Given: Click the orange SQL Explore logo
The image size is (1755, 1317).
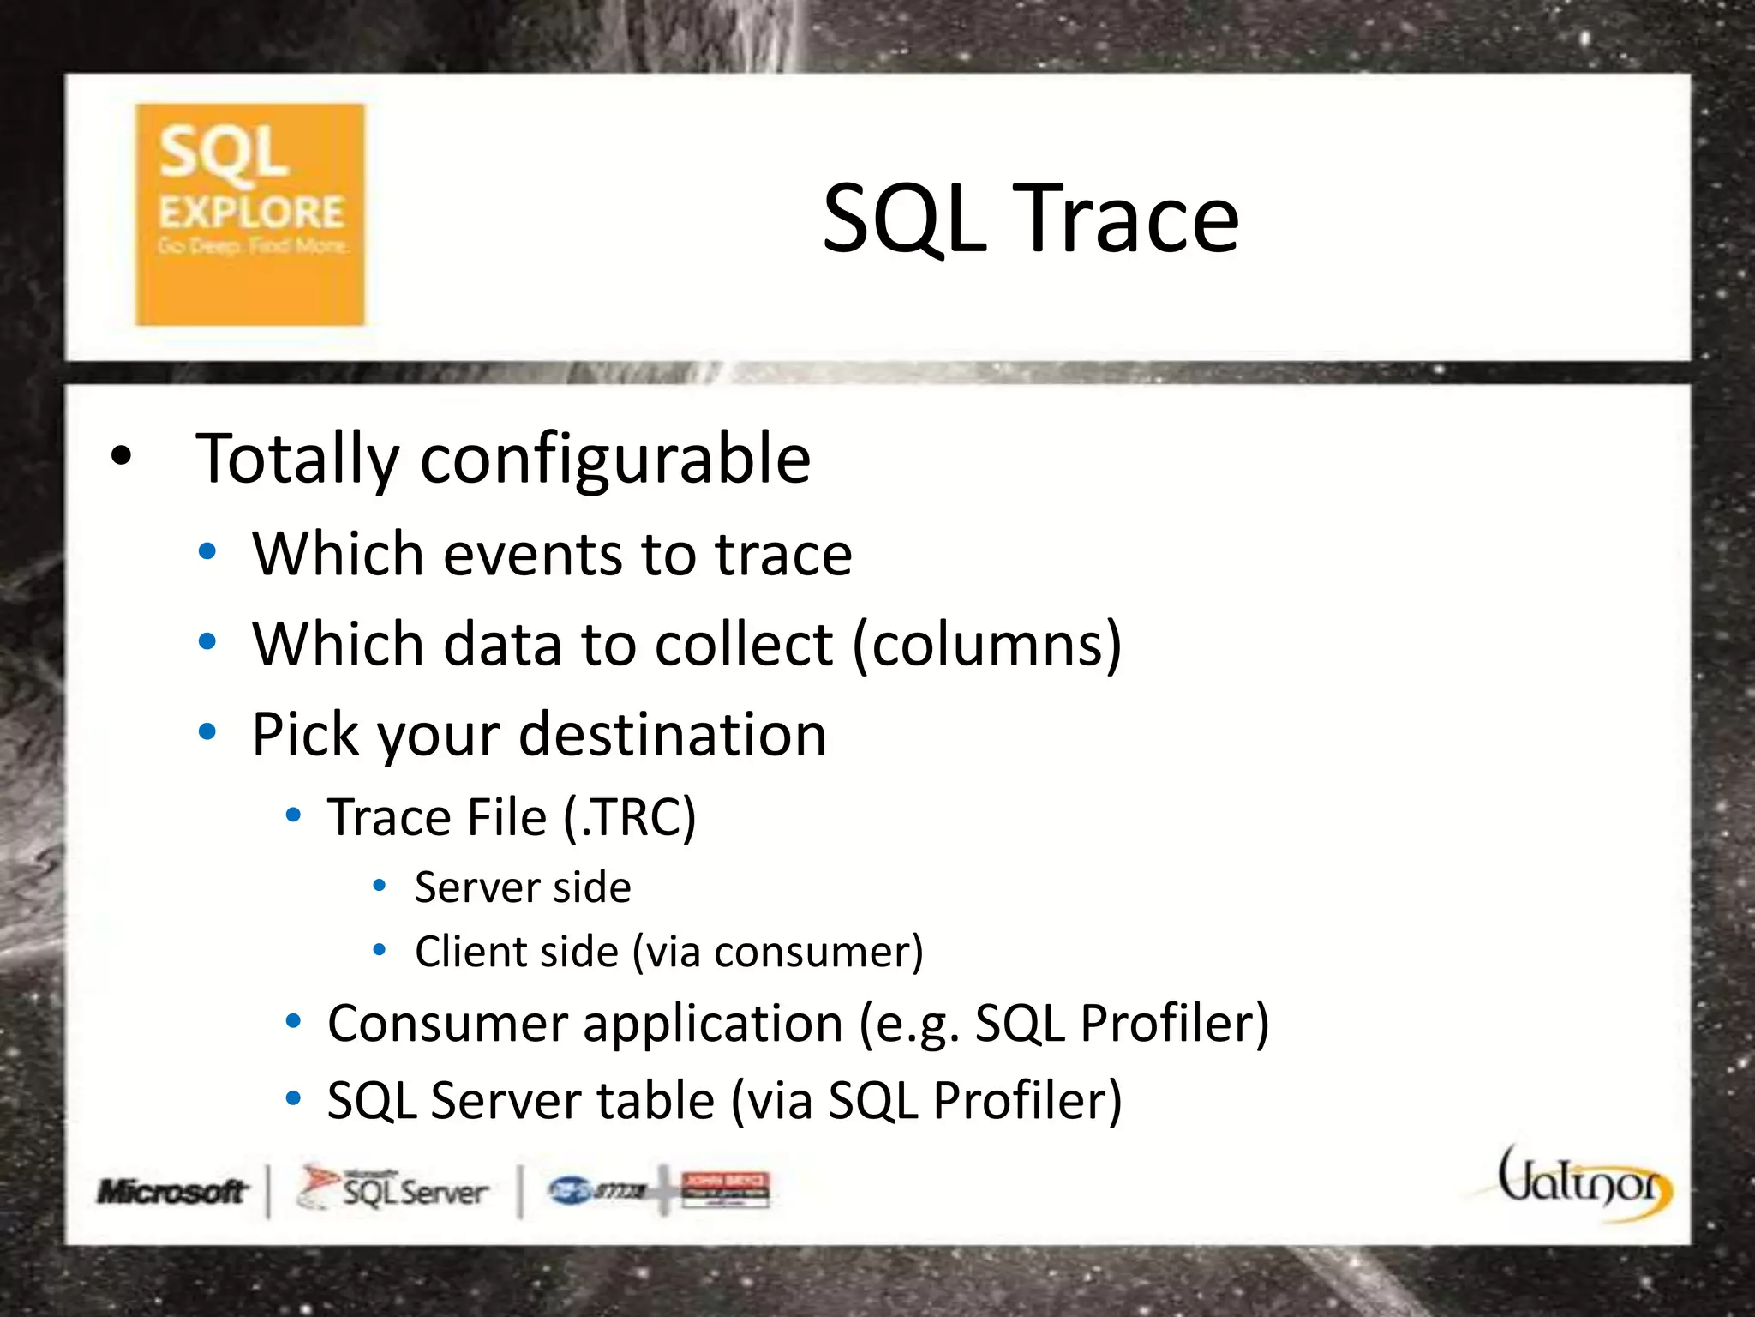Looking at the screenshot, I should click(x=249, y=214).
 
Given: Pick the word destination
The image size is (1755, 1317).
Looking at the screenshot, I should click(x=673, y=736).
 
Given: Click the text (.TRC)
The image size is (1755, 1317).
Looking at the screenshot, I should click(x=630, y=817).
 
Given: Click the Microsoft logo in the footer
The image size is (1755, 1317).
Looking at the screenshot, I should click(x=171, y=1191).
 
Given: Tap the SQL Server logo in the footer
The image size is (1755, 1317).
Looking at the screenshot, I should click(x=394, y=1189).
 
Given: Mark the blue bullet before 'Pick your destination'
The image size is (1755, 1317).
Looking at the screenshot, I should click(x=207, y=733).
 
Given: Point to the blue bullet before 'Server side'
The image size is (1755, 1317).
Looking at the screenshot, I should click(x=380, y=886).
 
